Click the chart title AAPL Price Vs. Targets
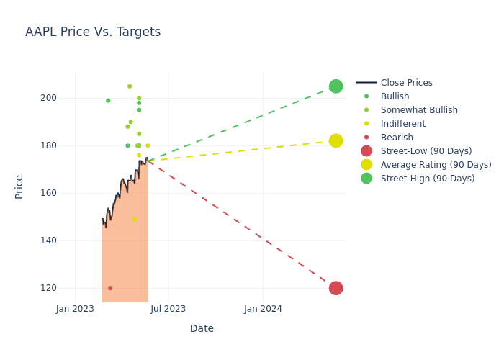click(x=93, y=32)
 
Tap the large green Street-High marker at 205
click(x=336, y=86)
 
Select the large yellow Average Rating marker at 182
click(x=336, y=140)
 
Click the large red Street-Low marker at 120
click(x=336, y=288)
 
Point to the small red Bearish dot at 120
click(x=110, y=288)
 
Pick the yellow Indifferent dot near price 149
click(x=134, y=219)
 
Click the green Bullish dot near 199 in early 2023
click(x=108, y=100)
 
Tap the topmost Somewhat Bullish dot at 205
click(x=130, y=86)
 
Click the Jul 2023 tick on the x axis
click(x=168, y=309)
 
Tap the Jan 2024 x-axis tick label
click(x=263, y=309)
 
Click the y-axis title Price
click(x=19, y=186)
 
